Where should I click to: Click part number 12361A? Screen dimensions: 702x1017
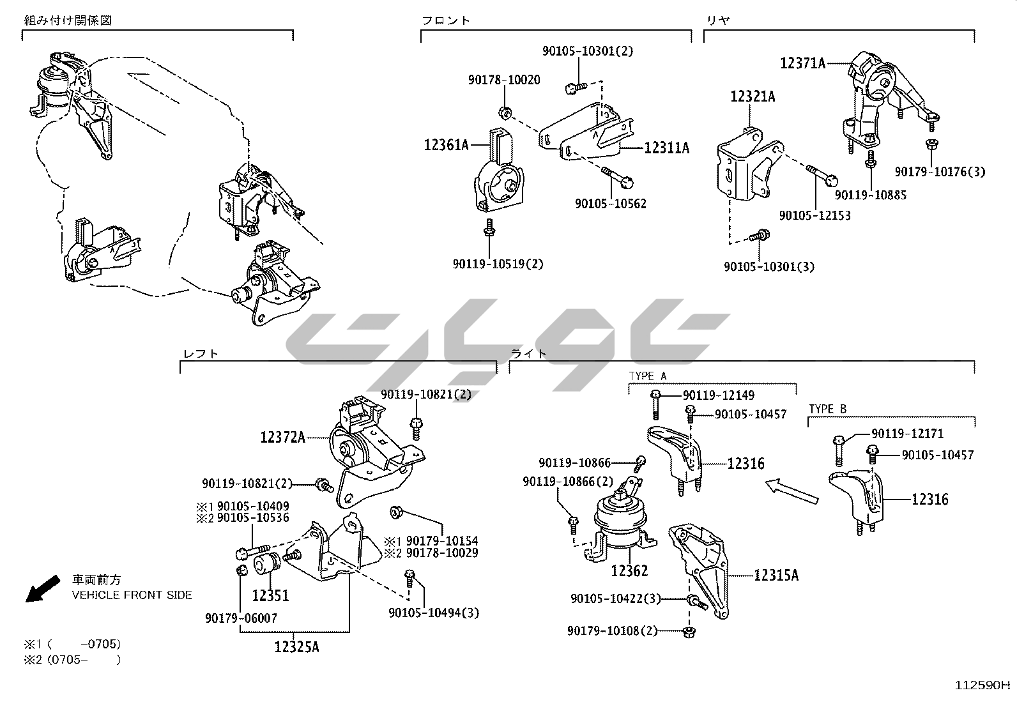tap(446, 145)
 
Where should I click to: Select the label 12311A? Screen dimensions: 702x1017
tap(667, 148)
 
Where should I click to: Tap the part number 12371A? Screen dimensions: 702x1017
tap(802, 63)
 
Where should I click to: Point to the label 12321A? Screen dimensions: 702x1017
tap(753, 96)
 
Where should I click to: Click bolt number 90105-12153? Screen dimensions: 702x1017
tap(814, 215)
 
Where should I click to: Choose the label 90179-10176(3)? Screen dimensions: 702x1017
tap(940, 171)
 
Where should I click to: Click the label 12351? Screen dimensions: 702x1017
tap(270, 596)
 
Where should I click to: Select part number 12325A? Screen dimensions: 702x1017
tap(296, 647)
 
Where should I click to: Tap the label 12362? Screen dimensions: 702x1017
tap(629, 570)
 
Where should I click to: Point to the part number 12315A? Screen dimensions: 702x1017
tap(776, 575)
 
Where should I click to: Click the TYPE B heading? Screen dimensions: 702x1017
tap(827, 409)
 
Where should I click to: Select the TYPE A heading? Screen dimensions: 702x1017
tap(647, 376)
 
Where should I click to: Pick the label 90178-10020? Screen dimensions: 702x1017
tap(503, 80)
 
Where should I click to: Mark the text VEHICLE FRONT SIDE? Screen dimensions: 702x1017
tap(132, 595)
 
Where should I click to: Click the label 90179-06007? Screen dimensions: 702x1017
tap(241, 618)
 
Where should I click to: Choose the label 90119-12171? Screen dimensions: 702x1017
tap(907, 434)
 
